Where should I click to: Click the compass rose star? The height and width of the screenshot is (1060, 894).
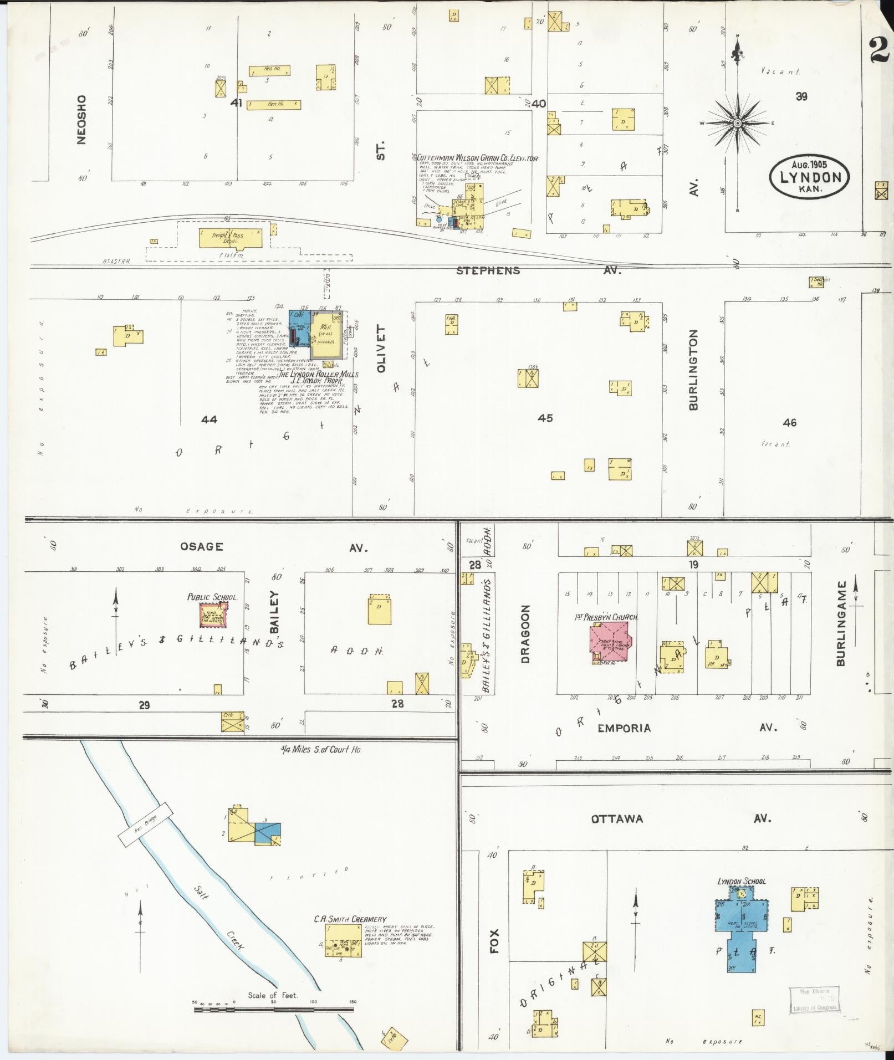(x=738, y=123)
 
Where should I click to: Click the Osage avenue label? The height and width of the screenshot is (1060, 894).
(x=202, y=547)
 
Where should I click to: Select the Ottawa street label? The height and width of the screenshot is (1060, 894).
(x=617, y=818)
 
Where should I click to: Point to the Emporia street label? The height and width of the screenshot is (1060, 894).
(x=624, y=728)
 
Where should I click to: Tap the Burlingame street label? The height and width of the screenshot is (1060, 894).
(x=841, y=623)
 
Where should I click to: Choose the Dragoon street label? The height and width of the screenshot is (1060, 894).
(x=525, y=633)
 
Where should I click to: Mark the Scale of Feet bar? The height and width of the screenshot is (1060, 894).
(x=274, y=1010)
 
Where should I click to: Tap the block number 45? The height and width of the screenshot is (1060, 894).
(x=545, y=418)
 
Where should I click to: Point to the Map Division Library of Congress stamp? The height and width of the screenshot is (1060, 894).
(x=814, y=1000)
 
